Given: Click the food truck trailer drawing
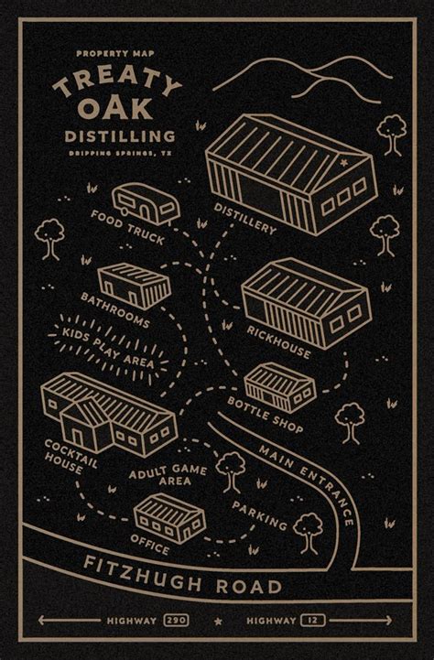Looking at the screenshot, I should point(146,203).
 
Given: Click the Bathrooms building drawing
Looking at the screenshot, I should point(134,284).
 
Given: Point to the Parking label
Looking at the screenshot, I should point(261,514).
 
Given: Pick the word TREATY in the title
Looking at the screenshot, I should point(115,81).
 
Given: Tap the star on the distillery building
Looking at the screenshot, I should point(343,162).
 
